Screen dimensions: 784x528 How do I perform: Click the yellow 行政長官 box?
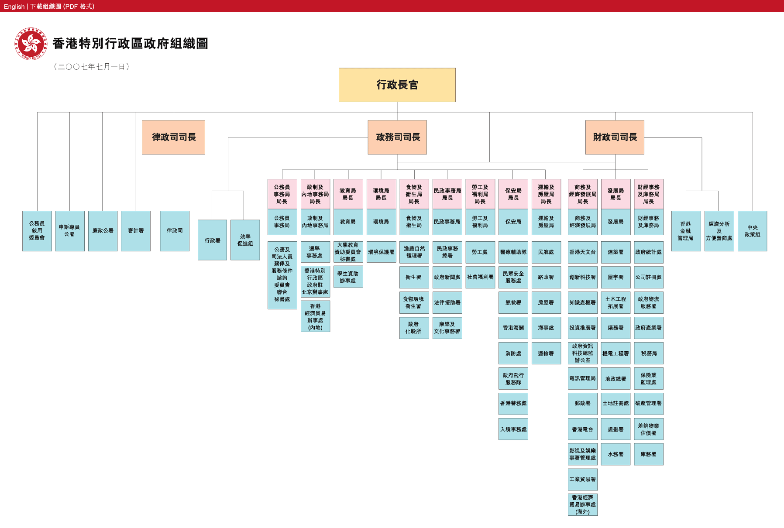pos(397,85)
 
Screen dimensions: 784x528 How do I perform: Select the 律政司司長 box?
pos(173,137)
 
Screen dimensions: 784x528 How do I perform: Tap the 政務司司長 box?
pos(397,137)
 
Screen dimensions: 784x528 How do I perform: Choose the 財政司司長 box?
pos(615,137)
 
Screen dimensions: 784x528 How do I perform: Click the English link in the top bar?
pos(14,7)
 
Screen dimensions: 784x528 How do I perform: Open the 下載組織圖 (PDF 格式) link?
pos(62,7)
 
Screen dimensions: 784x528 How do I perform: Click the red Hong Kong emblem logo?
pos(31,44)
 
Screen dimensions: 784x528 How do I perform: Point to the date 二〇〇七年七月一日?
pos(92,67)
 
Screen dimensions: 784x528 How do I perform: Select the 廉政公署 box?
pos(103,231)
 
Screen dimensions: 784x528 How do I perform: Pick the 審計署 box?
pos(136,231)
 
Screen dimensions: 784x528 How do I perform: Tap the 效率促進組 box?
pos(245,240)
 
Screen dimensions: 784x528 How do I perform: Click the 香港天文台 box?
pos(582,252)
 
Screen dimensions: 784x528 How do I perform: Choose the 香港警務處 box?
pos(513,404)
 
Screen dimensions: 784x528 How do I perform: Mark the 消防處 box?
pos(513,353)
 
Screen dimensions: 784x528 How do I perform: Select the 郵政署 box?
pos(582,404)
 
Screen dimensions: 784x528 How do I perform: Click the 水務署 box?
pos(616,454)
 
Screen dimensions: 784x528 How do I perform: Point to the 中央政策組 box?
pos(752,231)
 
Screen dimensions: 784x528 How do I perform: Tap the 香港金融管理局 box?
pos(686,231)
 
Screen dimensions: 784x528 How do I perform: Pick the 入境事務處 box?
pos(513,429)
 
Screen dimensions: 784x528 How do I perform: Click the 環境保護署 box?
pos(381,252)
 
